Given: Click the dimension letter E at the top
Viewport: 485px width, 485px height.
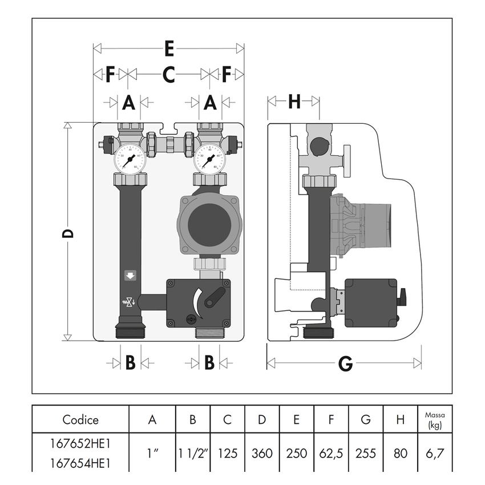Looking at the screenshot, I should pyautogui.click(x=169, y=49).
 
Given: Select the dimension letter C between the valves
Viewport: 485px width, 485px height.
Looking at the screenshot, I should pyautogui.click(x=169, y=74).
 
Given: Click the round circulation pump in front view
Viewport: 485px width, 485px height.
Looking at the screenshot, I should pyautogui.click(x=208, y=224).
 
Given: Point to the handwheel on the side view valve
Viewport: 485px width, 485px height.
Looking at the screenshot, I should pyautogui.click(x=347, y=161).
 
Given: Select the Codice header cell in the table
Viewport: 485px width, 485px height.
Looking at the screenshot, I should pyautogui.click(x=80, y=420).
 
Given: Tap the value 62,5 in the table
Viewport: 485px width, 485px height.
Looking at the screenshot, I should pyautogui.click(x=331, y=454).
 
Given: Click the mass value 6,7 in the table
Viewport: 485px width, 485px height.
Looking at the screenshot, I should pyautogui.click(x=435, y=454).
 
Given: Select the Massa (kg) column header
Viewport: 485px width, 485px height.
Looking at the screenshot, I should pyautogui.click(x=435, y=420).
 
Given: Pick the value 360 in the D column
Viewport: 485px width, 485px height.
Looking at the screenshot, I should pyautogui.click(x=262, y=454).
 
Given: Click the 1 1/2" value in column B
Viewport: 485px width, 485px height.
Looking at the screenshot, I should pyautogui.click(x=192, y=454).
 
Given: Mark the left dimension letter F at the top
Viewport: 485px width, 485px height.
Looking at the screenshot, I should pyautogui.click(x=110, y=74).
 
